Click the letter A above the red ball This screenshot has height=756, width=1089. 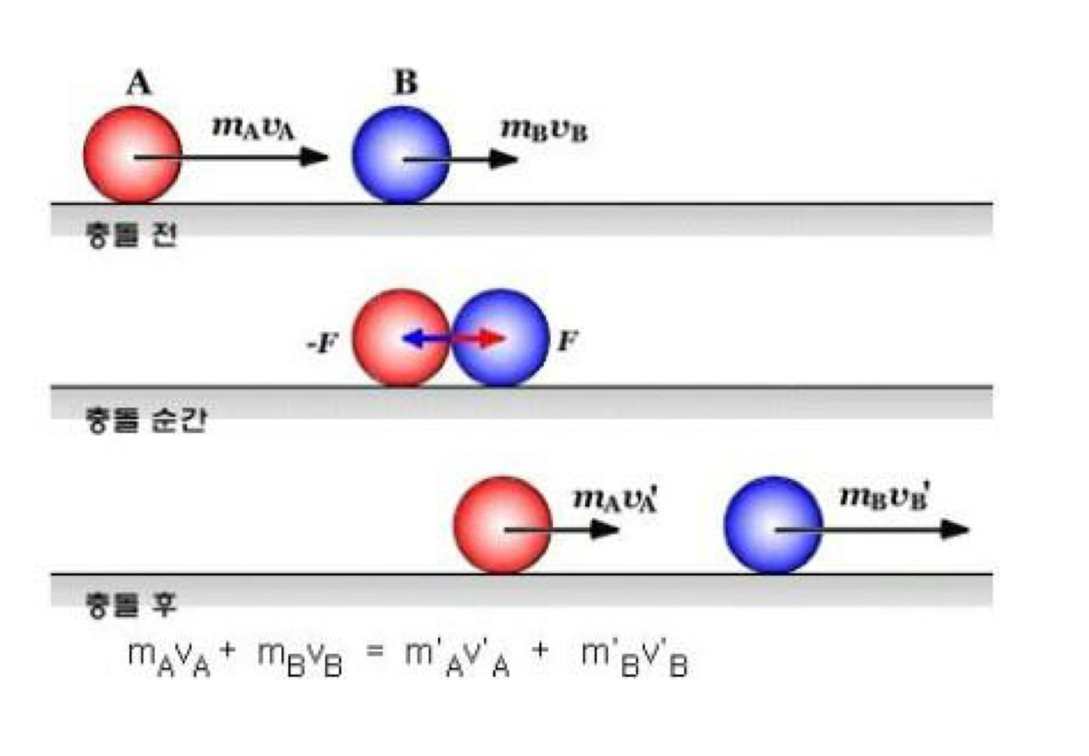[139, 84]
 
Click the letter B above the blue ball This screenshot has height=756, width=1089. [406, 84]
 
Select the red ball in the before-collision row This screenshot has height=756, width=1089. [133, 155]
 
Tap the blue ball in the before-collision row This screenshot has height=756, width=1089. [401, 155]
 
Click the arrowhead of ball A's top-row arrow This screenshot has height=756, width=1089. [318, 157]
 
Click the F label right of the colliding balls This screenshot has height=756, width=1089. [566, 343]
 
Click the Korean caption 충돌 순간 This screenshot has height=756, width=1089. [145, 420]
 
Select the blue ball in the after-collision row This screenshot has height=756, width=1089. [773, 525]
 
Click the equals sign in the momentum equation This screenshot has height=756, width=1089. [382, 657]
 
